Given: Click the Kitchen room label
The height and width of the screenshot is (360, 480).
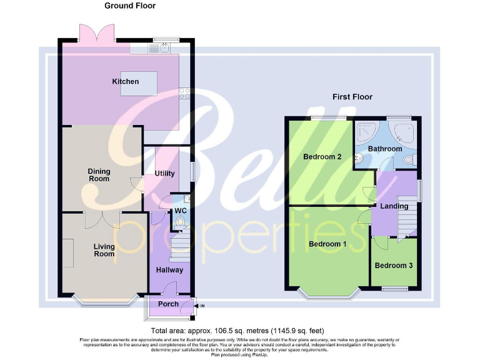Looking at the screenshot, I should pyautogui.click(x=125, y=82).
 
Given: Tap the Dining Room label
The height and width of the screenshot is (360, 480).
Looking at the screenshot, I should pyautogui.click(x=99, y=174).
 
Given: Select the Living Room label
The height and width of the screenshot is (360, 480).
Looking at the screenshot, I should pyautogui.click(x=104, y=250).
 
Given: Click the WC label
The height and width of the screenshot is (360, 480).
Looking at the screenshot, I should pyautogui.click(x=180, y=210).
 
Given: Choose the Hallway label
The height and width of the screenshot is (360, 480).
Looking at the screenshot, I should pyautogui.click(x=169, y=270).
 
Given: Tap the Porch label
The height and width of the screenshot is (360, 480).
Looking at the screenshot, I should pyautogui.click(x=169, y=304).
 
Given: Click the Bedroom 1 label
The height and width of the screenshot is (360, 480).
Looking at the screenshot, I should pyautogui.click(x=327, y=244).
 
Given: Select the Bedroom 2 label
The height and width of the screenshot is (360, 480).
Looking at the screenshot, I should pyautogui.click(x=322, y=157).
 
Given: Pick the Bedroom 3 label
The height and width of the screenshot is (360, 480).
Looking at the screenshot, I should pyautogui.click(x=394, y=266).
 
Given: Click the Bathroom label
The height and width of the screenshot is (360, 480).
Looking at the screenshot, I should pyautogui.click(x=384, y=149).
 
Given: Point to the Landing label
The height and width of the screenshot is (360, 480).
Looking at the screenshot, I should pyautogui.click(x=394, y=206).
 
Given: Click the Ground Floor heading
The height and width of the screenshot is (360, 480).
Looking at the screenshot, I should pyautogui.click(x=129, y=6).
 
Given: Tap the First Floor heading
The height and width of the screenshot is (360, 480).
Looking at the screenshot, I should pyautogui.click(x=352, y=97).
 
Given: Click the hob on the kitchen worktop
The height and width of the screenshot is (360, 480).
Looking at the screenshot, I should pyautogui.click(x=185, y=94).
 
